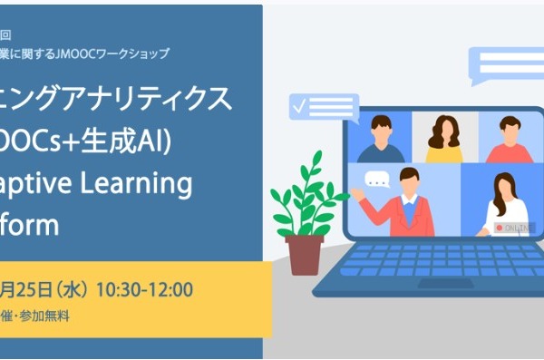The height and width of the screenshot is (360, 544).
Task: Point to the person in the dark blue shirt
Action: point(382,140)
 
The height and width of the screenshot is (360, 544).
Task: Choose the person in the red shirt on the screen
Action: point(507,141)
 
